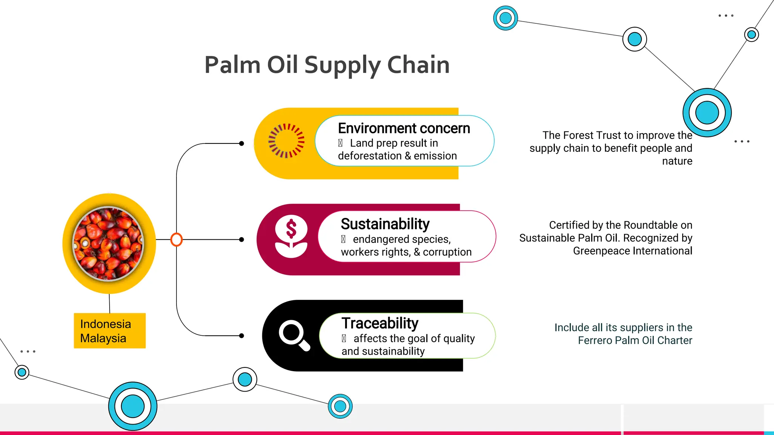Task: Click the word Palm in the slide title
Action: pyautogui.click(x=232, y=65)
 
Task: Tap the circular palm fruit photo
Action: pyautogui.click(x=108, y=244)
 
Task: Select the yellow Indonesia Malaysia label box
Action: pyautogui.click(x=110, y=331)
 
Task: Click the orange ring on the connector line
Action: pyautogui.click(x=176, y=239)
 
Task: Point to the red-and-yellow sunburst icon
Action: pyautogui.click(x=286, y=140)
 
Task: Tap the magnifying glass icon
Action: pyautogui.click(x=294, y=335)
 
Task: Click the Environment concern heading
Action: pyautogui.click(x=404, y=128)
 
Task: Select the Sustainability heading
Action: pyautogui.click(x=385, y=224)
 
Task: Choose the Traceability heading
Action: pyautogui.click(x=380, y=323)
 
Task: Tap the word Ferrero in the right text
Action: pyautogui.click(x=595, y=340)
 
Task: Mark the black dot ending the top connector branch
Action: pyautogui.click(x=241, y=143)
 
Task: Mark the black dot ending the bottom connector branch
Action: pyautogui.click(x=241, y=336)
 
